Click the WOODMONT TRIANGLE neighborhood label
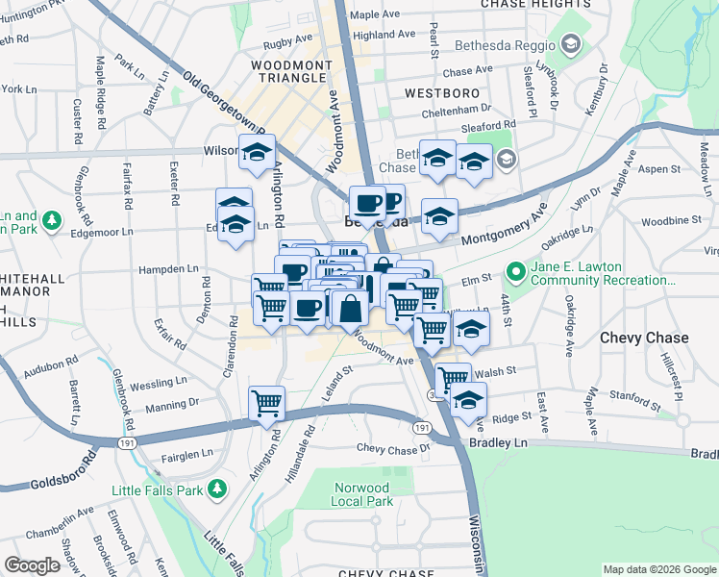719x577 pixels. click(278, 72)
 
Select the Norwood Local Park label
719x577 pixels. click(362, 494)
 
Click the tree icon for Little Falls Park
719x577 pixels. click(218, 489)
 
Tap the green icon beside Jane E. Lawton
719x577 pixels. click(517, 272)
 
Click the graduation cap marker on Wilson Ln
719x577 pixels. click(258, 152)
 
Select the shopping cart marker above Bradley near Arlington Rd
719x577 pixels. click(266, 402)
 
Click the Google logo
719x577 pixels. click(33, 564)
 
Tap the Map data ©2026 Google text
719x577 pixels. click(658, 569)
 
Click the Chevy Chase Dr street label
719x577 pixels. click(393, 449)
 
